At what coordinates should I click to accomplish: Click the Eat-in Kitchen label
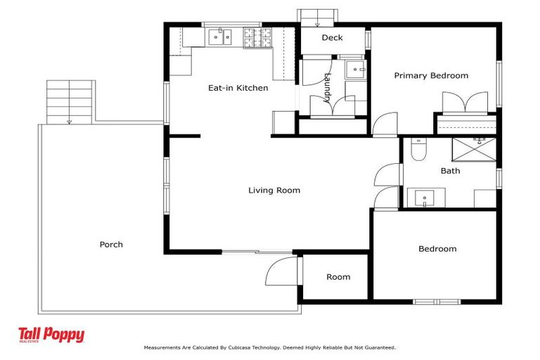coord(238,88)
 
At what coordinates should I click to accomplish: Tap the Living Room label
coord(274,191)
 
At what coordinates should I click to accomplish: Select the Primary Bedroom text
coord(430,76)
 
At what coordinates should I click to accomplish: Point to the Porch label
coord(111,245)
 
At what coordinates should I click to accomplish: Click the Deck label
coord(332,38)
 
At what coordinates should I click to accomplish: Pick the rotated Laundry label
coord(327,90)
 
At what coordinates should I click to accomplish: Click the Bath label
coord(450,171)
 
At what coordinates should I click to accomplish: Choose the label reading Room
coord(337,277)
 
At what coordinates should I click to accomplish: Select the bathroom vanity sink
coord(426,198)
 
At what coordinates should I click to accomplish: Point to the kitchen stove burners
coord(257,37)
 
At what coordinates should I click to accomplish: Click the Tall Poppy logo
coord(51,335)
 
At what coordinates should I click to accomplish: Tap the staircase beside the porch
coord(70,101)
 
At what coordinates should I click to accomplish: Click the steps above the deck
coord(318,15)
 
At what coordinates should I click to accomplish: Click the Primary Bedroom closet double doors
coord(465,102)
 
